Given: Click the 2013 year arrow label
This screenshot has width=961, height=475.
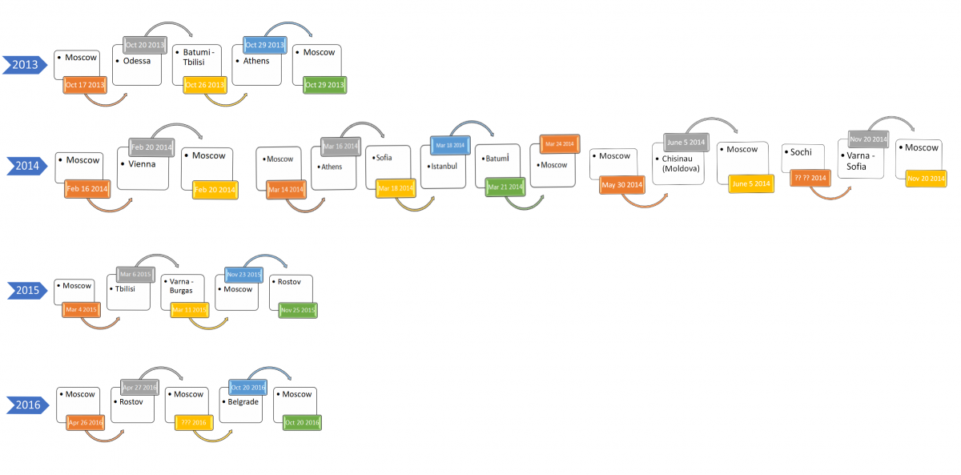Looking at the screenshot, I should click(24, 65).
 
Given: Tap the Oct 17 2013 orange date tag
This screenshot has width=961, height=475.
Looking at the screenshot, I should click(85, 84).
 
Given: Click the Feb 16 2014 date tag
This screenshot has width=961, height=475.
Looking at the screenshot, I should click(87, 189).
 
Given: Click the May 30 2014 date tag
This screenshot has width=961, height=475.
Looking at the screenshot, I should click(622, 185).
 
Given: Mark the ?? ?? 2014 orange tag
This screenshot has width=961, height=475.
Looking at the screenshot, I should click(809, 178).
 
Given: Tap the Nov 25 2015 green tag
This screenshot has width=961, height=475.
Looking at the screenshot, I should click(298, 309).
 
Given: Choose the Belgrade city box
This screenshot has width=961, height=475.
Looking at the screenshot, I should click(244, 406).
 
